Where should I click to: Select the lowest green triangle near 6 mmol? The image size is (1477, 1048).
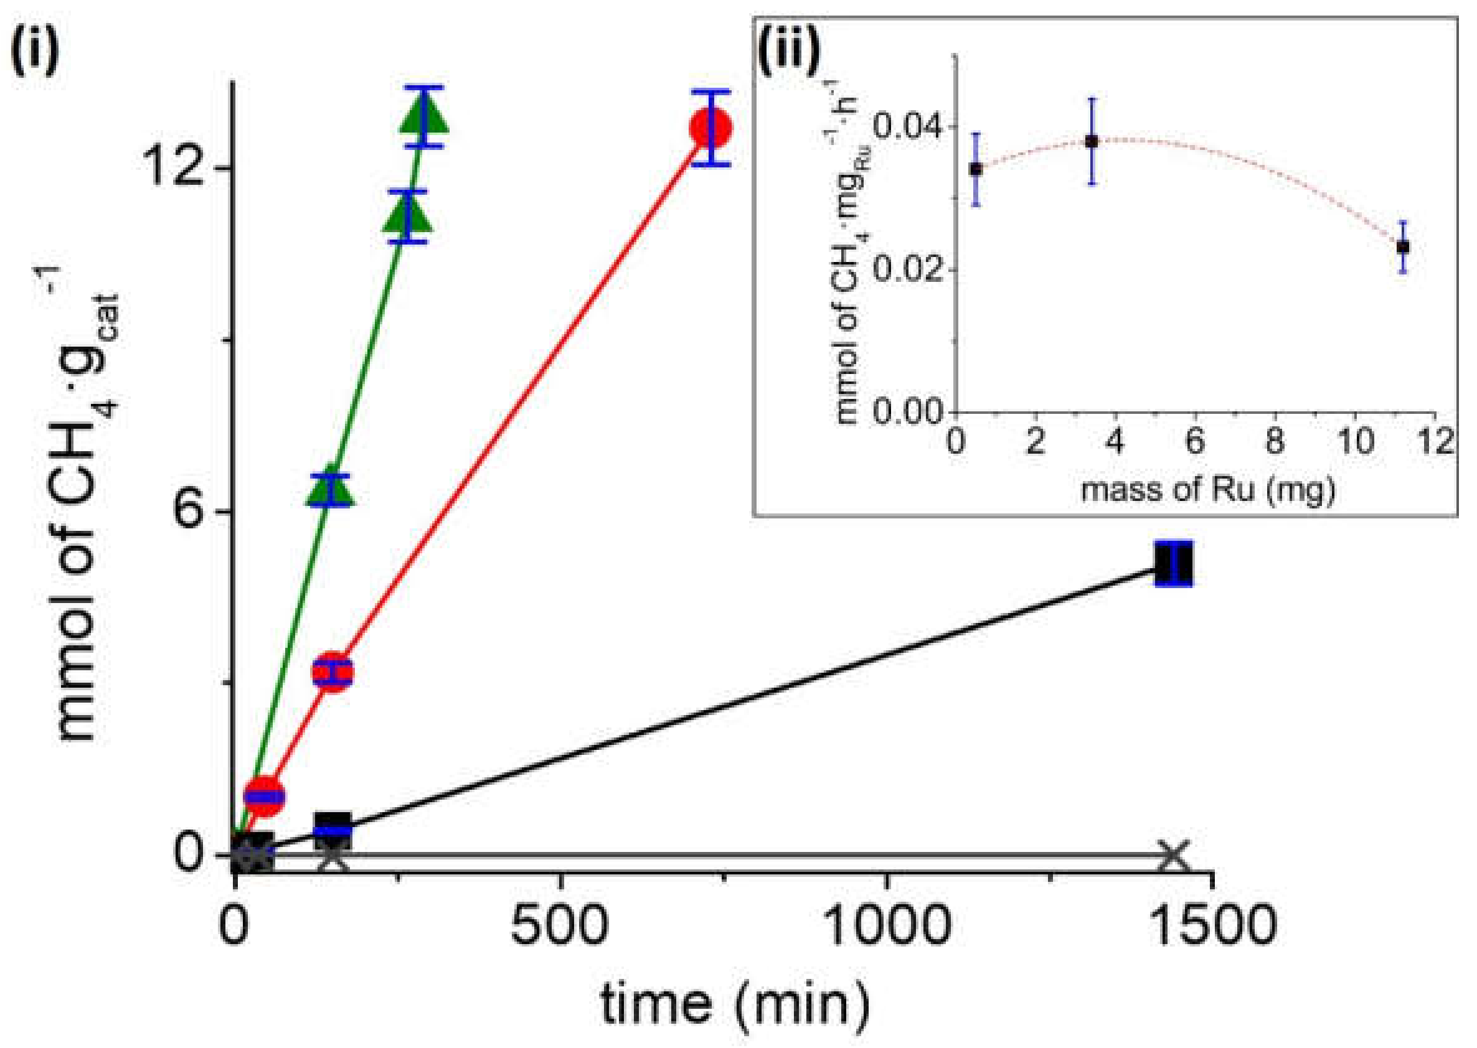tap(331, 490)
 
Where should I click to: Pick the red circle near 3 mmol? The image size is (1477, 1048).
tap(333, 672)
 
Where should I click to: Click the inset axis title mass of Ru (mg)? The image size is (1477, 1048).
tap(1208, 490)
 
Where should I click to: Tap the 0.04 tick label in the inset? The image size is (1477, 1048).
tap(909, 126)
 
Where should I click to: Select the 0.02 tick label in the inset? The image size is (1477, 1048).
tap(909, 269)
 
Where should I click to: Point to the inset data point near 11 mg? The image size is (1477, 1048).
tap(1402, 246)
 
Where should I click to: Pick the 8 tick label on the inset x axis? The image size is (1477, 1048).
tap(1273, 442)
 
